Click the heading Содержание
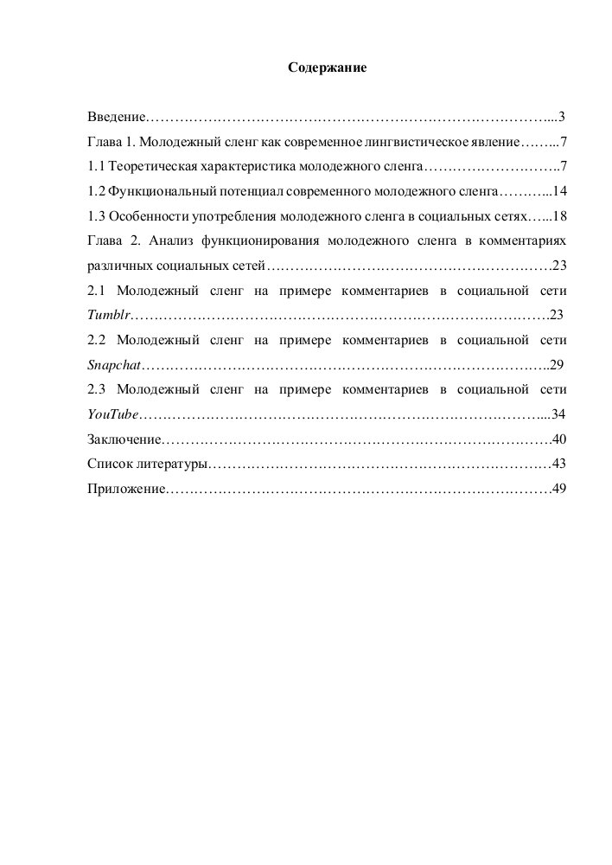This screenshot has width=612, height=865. pyautogui.click(x=328, y=67)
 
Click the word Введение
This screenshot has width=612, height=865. pyautogui.click(x=117, y=116)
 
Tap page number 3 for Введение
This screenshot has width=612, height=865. pyautogui.click(x=562, y=116)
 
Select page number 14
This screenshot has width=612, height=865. pyautogui.click(x=559, y=190)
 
